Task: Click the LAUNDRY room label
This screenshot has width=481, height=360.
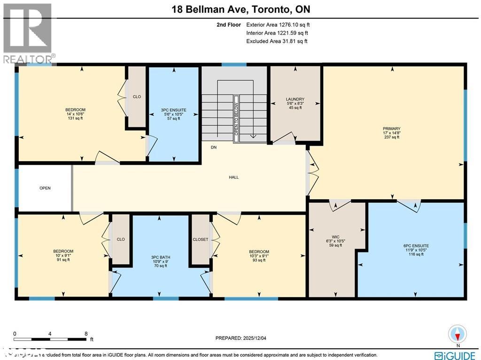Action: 295,99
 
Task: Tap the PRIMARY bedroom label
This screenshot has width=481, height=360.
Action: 391,128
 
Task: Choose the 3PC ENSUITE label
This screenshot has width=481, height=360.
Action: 173,110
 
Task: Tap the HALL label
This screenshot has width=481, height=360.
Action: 234,177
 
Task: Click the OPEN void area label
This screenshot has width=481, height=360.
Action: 45,188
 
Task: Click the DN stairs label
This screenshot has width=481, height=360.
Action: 214,148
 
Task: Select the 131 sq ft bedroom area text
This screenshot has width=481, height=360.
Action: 75,118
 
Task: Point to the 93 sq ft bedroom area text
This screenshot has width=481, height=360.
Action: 259,260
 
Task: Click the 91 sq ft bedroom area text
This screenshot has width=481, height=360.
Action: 63,260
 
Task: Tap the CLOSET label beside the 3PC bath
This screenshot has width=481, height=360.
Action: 201,239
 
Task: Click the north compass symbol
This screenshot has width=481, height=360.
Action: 457,334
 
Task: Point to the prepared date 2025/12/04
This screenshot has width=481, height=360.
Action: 243,338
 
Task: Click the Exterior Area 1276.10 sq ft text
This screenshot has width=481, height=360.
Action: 277,24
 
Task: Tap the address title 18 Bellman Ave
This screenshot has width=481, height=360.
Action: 240,9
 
